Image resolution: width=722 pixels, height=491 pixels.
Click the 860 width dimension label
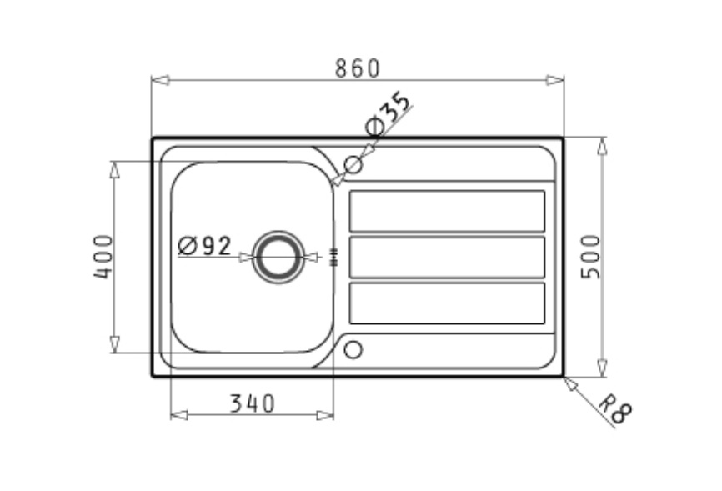[358, 68]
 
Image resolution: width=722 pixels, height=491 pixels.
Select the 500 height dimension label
[591, 257]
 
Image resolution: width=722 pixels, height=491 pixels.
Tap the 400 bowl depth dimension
[103, 257]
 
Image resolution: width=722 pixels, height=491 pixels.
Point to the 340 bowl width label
[253, 403]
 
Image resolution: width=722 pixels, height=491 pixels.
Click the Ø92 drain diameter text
[204, 245]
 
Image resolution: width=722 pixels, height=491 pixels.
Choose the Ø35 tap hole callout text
[387, 113]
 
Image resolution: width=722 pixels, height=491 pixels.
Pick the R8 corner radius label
[616, 408]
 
